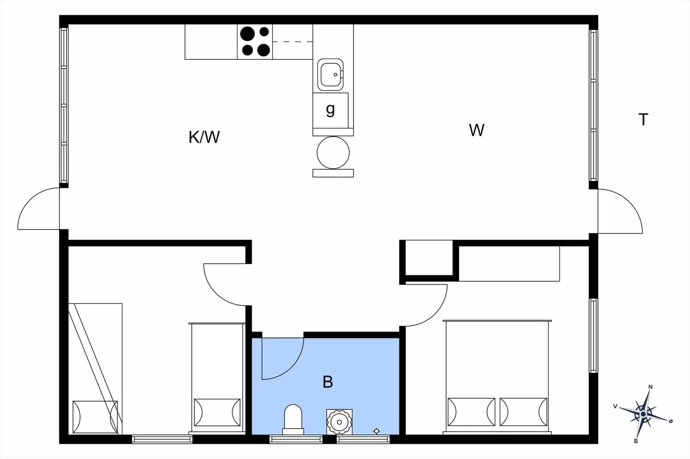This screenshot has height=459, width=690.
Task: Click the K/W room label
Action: (x=204, y=137)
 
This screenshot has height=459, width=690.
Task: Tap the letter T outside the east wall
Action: (x=643, y=120)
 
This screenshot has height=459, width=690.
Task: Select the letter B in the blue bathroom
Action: (x=328, y=382)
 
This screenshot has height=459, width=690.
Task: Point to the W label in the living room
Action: (x=477, y=130)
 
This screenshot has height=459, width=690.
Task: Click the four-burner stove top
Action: (x=255, y=42)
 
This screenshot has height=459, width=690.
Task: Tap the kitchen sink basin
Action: (x=330, y=75)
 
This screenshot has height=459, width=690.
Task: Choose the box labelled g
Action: (x=330, y=110)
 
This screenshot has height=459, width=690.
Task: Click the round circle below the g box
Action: (x=333, y=153)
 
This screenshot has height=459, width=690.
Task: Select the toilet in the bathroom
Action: (x=293, y=419)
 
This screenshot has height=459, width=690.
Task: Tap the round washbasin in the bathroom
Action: (x=339, y=422)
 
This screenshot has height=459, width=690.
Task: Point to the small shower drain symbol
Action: (x=376, y=431)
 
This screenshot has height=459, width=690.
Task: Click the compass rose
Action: (x=643, y=414)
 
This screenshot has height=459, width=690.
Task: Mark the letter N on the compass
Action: (x=650, y=387)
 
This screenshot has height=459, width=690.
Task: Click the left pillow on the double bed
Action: (x=471, y=412)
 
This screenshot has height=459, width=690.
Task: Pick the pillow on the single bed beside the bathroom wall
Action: (x=217, y=413)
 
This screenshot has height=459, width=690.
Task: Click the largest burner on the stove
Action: (x=247, y=34)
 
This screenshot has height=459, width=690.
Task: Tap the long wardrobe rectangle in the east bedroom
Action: (x=509, y=263)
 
